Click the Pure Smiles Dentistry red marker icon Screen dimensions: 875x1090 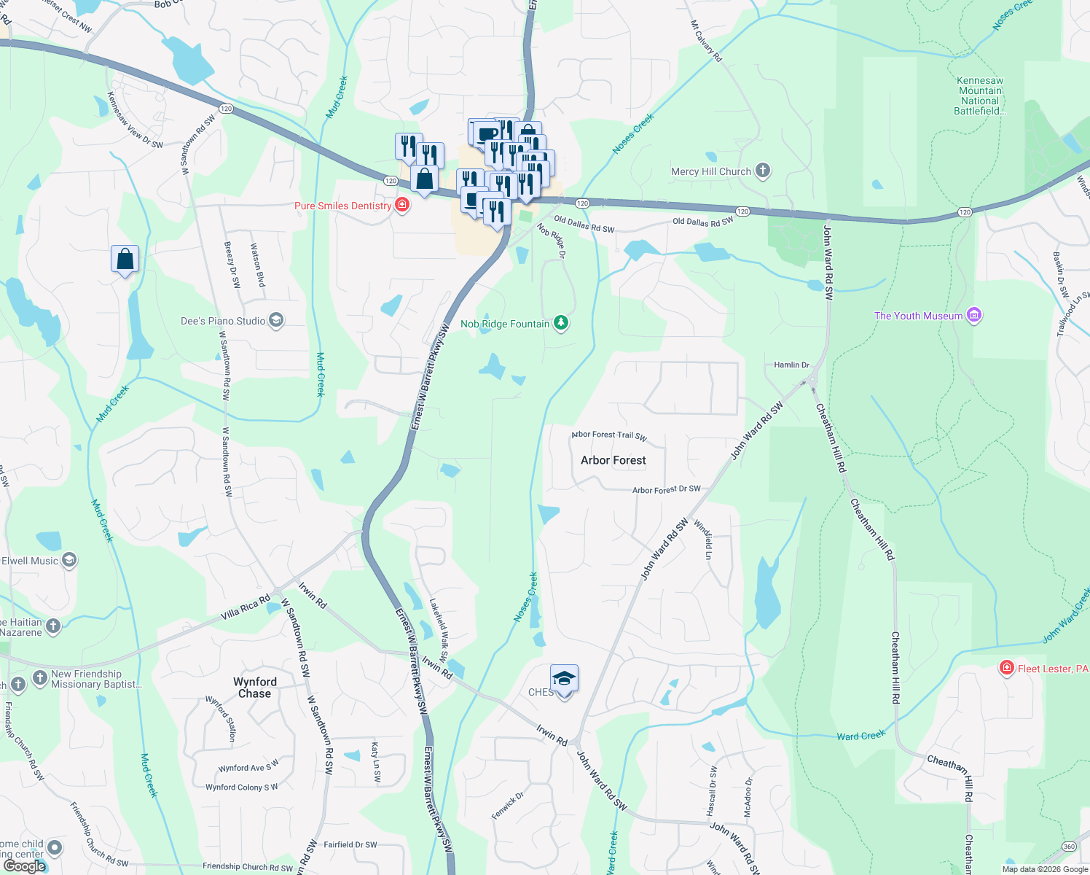pyautogui.click(x=401, y=205)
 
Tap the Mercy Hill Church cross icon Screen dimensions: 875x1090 pyautogui.click(x=763, y=171)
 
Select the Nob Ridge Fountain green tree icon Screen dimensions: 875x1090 pyautogui.click(x=560, y=322)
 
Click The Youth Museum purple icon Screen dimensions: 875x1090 pyautogui.click(x=974, y=315)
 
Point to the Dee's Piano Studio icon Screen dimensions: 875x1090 pyautogui.click(x=275, y=320)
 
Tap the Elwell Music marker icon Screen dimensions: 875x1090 pyautogui.click(x=69, y=560)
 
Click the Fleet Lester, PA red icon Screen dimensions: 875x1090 pyautogui.click(x=1007, y=668)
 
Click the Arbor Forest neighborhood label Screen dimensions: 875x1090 pyautogui.click(x=613, y=460)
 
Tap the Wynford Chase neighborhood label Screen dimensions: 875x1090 pyautogui.click(x=255, y=688)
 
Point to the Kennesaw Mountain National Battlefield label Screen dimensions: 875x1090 pyautogui.click(x=980, y=96)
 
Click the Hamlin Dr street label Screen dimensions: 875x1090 pyautogui.click(x=791, y=365)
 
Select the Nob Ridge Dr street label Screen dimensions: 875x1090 pyautogui.click(x=552, y=240)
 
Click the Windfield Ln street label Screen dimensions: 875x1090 pyautogui.click(x=703, y=540)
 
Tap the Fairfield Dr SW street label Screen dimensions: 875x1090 pyautogui.click(x=350, y=844)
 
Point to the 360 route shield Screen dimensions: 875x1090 pyautogui.click(x=1069, y=846)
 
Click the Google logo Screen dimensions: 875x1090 pyautogui.click(x=25, y=866)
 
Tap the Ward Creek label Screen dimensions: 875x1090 pyautogui.click(x=860, y=736)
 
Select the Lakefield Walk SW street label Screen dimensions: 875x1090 pyautogui.click(x=439, y=631)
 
